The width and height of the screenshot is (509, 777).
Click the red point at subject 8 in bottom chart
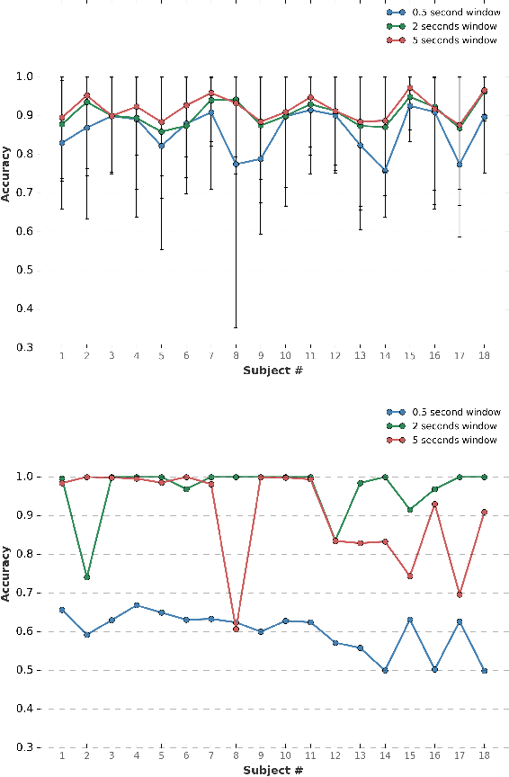click(x=237, y=629)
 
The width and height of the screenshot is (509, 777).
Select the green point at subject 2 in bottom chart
click(x=87, y=576)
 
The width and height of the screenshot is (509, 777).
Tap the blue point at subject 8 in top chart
click(x=237, y=164)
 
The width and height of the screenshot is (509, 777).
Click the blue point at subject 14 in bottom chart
click(x=385, y=670)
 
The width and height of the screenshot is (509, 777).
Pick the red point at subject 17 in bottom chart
click(x=460, y=594)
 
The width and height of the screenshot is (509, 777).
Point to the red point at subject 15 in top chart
click(x=410, y=88)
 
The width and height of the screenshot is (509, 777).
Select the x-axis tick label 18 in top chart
click(x=484, y=357)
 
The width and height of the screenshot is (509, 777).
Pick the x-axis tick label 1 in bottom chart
click(x=62, y=756)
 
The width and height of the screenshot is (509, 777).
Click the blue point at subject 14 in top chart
click(x=385, y=170)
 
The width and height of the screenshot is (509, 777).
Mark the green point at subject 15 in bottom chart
click(x=410, y=510)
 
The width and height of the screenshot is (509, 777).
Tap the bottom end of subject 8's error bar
click(x=237, y=327)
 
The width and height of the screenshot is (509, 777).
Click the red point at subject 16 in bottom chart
click(x=434, y=505)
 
